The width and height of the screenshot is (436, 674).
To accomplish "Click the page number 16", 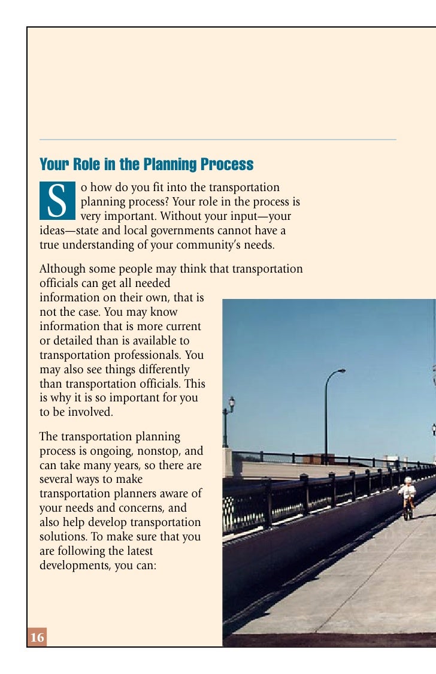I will coord(37,638).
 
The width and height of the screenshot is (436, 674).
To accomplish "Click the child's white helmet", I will coord(408,480).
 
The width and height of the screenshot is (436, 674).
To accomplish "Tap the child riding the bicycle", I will coord(408,496).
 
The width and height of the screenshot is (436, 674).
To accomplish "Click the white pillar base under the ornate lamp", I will coord(228,461).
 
